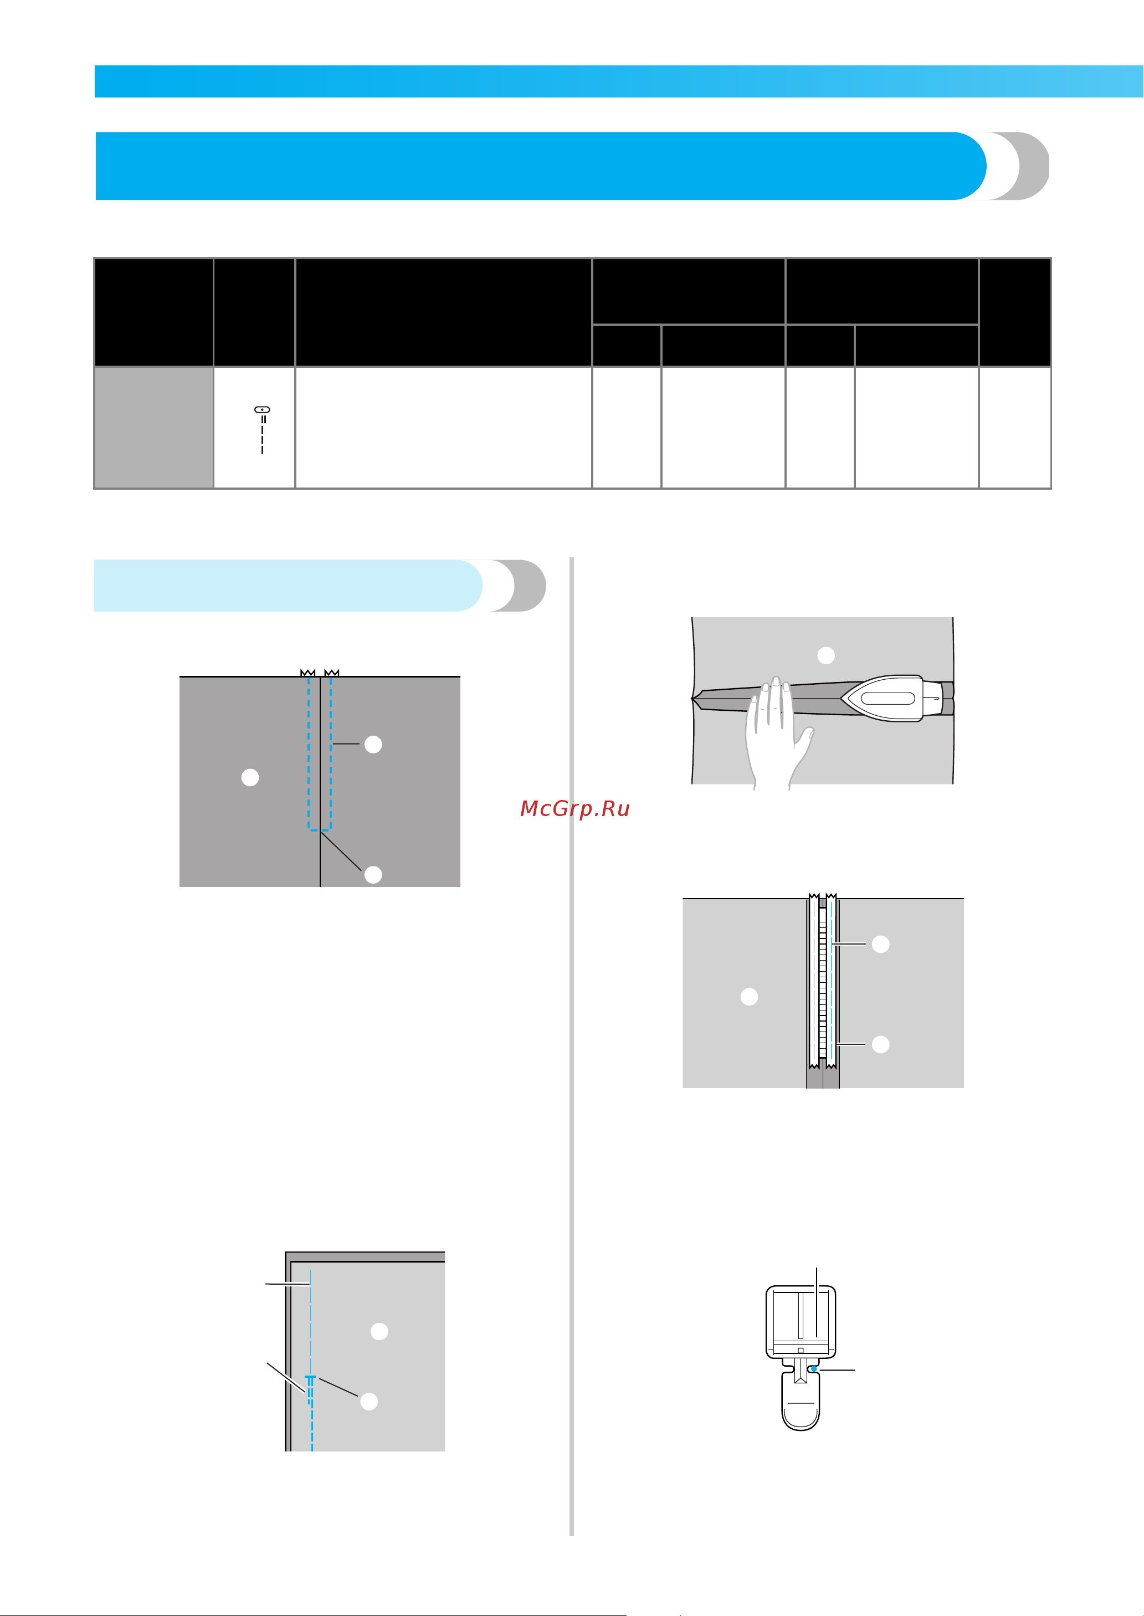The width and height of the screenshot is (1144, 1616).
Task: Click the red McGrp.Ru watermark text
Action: [575, 809]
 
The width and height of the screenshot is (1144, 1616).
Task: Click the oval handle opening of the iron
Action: [887, 698]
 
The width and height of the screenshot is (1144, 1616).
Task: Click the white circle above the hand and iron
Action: [825, 655]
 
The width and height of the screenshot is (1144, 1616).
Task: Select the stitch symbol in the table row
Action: [262, 429]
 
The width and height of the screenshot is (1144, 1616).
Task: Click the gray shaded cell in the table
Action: [154, 427]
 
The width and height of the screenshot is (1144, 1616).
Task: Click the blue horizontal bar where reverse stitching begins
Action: [309, 1376]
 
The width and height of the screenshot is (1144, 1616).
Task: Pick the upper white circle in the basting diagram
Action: [379, 1331]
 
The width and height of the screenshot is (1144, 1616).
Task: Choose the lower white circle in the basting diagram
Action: [369, 1400]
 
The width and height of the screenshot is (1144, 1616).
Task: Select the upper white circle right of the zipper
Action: [880, 944]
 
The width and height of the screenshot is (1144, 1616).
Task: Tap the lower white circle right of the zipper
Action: [880, 1044]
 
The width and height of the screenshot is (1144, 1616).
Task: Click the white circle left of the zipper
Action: [750, 996]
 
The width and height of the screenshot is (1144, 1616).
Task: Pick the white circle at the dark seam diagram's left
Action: [250, 777]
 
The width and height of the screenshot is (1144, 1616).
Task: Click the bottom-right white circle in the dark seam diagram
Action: [373, 874]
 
